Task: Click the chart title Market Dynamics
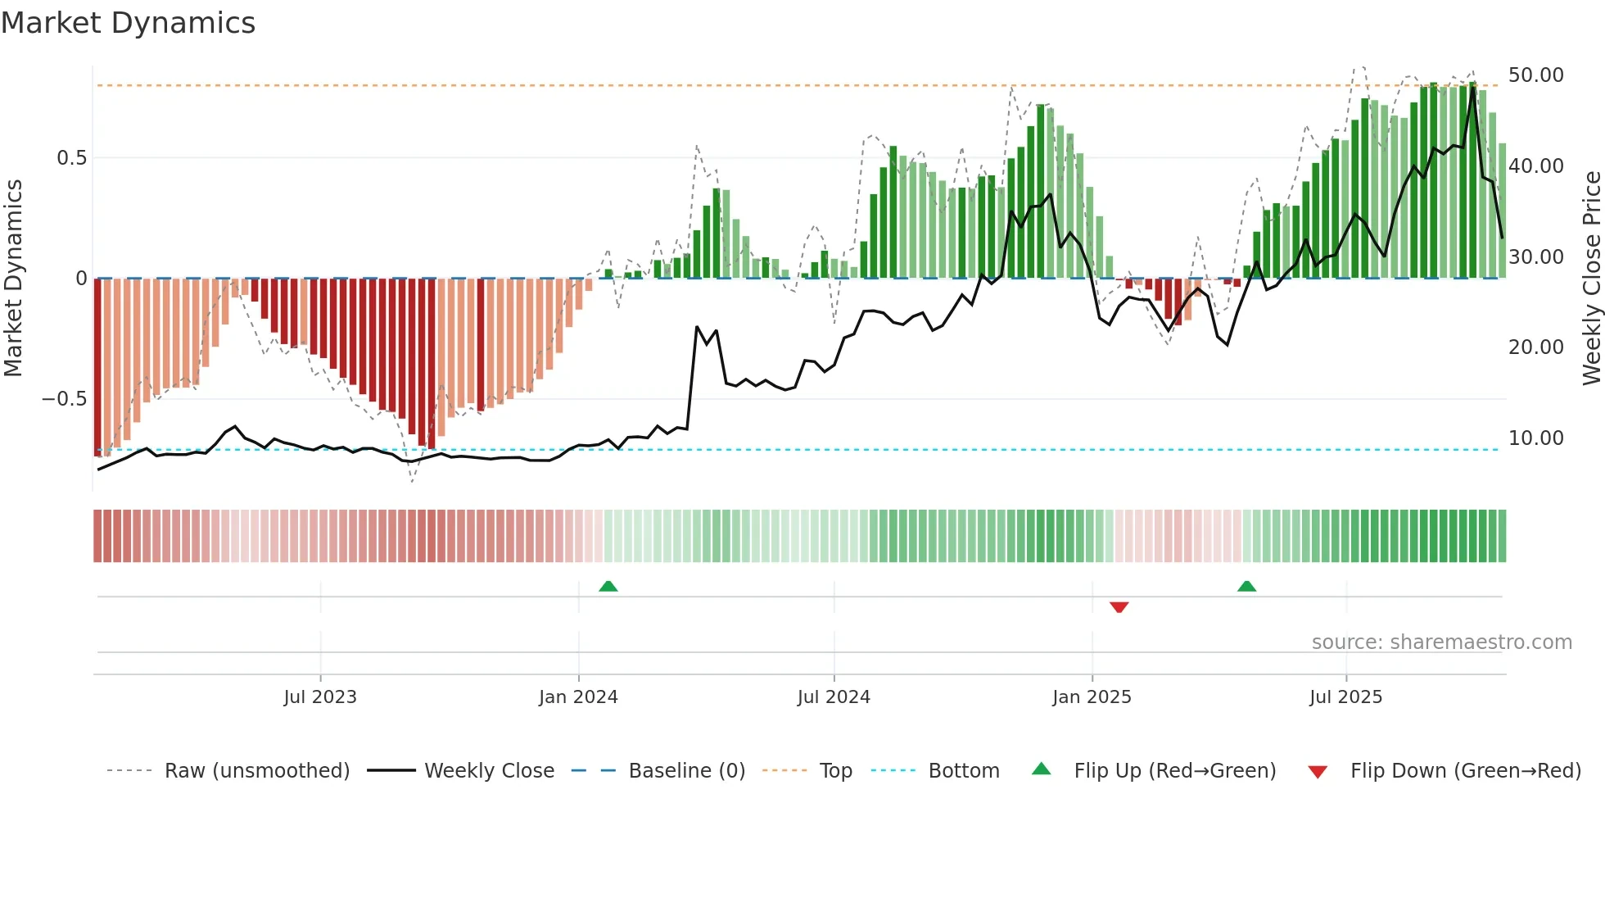coord(128,23)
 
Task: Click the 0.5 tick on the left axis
coord(71,158)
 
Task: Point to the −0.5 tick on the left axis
coord(65,399)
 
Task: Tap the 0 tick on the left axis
coord(81,279)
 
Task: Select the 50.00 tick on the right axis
coord(1535,75)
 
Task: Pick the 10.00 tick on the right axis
coord(1535,438)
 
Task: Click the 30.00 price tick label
coord(1535,257)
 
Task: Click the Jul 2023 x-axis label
coord(320,697)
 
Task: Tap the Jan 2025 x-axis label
coord(1092,697)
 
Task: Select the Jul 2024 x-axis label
coord(834,697)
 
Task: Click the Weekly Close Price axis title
coord(1591,279)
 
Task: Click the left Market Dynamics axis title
coord(13,279)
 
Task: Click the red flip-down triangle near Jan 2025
coord(1119,607)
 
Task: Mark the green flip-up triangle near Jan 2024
coord(608,587)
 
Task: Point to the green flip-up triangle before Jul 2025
coord(1246,587)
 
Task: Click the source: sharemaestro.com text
coord(1441,642)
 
